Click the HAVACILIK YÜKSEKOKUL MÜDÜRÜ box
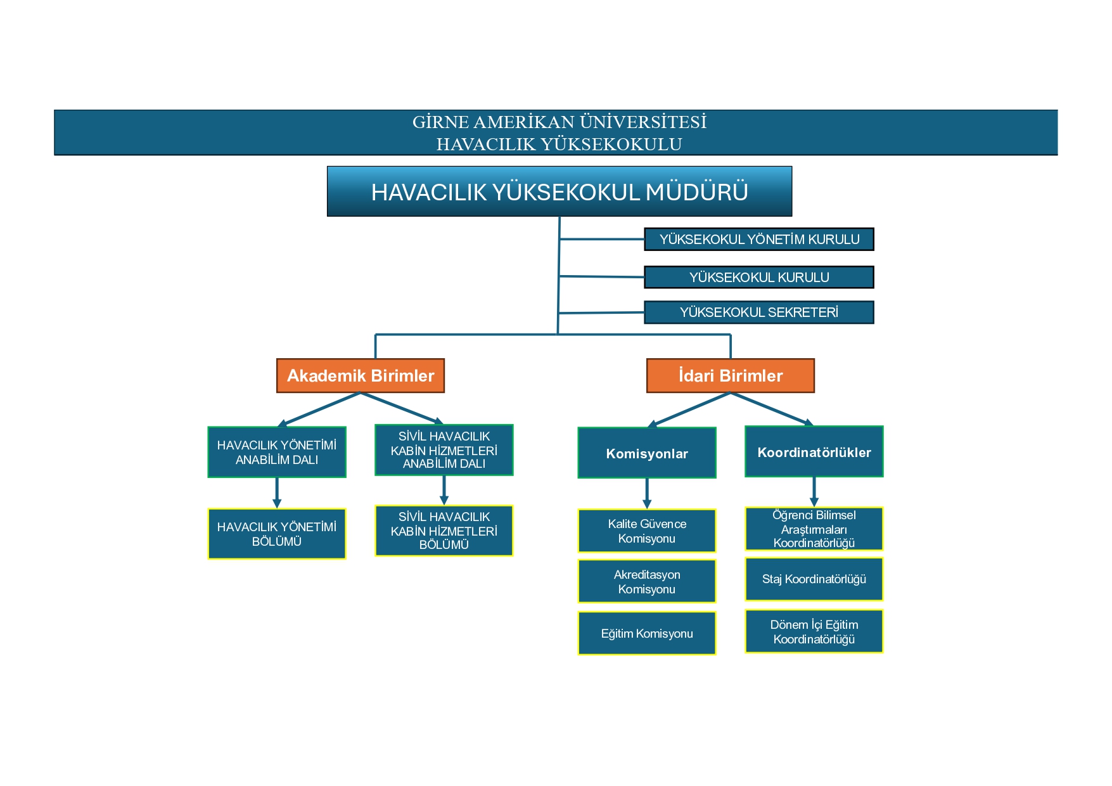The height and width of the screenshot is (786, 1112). pos(559,191)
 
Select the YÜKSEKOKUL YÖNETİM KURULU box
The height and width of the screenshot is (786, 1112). pos(759,240)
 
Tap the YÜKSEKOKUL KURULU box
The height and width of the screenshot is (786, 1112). pos(759,277)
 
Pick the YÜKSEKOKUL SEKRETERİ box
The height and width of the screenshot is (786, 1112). pos(759,312)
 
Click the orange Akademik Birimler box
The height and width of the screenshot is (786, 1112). pos(361,376)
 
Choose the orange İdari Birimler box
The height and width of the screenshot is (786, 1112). pos(731,376)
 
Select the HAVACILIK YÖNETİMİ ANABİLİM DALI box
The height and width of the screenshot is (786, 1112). pos(277,452)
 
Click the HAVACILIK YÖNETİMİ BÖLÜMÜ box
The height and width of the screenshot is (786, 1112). pos(277,534)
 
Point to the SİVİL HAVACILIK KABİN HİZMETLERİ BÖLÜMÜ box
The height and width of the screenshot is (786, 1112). pos(444,531)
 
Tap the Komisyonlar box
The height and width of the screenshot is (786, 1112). pos(647,453)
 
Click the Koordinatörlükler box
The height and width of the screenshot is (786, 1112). pos(814,451)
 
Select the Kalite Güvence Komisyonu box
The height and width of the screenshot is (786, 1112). pos(647,531)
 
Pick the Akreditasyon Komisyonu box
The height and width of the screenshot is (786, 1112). pos(647,581)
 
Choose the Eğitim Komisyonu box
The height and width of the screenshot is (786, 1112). pos(647,633)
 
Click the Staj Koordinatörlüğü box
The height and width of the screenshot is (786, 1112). pos(814,579)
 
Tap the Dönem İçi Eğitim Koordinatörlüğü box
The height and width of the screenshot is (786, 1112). pos(814,631)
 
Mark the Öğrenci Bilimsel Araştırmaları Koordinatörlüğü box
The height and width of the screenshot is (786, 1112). pos(814,529)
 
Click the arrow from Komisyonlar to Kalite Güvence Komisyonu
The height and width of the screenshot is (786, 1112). pos(647,493)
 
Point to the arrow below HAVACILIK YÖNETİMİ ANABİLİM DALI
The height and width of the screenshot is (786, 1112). pos(277,493)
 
